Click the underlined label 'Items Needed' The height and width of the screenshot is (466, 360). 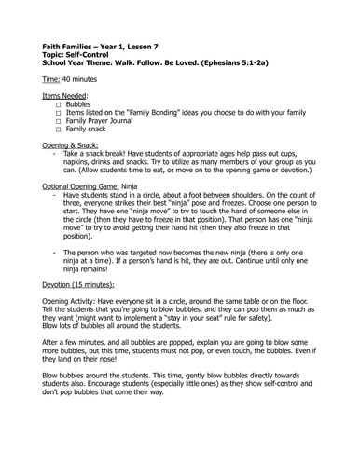click(x=67, y=96)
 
